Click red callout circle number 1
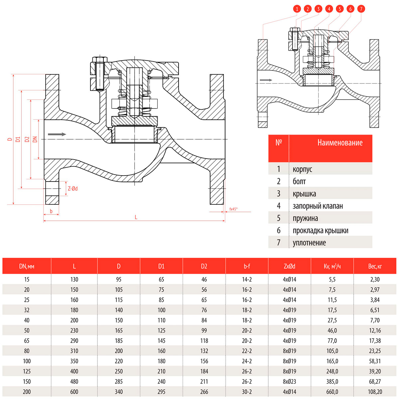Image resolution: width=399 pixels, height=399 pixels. point(297,9)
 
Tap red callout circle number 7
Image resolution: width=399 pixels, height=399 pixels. point(361,9)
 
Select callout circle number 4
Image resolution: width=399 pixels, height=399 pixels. point(329,9)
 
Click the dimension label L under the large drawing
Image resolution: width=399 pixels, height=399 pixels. point(136,217)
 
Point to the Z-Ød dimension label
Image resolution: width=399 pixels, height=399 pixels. point(73,189)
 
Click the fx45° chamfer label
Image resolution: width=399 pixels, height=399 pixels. point(233,209)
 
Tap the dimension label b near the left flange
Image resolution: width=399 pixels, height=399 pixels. point(51,211)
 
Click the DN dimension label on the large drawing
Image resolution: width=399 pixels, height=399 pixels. point(35,139)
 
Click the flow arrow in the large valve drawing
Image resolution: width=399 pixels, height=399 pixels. point(57,134)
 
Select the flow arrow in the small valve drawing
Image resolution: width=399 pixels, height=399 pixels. point(266,80)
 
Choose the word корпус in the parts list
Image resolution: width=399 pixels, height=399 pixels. point(302,169)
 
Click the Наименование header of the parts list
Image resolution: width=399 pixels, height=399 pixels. point(340,143)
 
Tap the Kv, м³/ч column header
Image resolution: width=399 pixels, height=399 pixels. point(332,266)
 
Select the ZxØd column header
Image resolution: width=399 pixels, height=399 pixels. point(289,266)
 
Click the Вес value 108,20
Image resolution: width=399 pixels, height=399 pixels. point(375,392)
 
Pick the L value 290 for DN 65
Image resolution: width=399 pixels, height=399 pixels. point(74,340)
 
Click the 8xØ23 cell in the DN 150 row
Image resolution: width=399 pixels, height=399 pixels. point(289,381)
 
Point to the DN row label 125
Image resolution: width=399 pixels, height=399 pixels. point(27,371)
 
